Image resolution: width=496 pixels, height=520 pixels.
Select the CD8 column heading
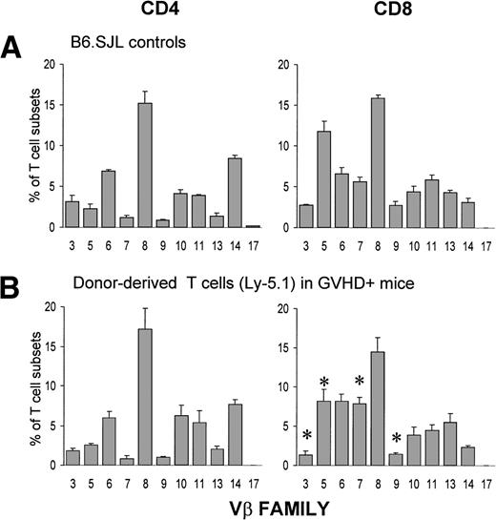[382, 12]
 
